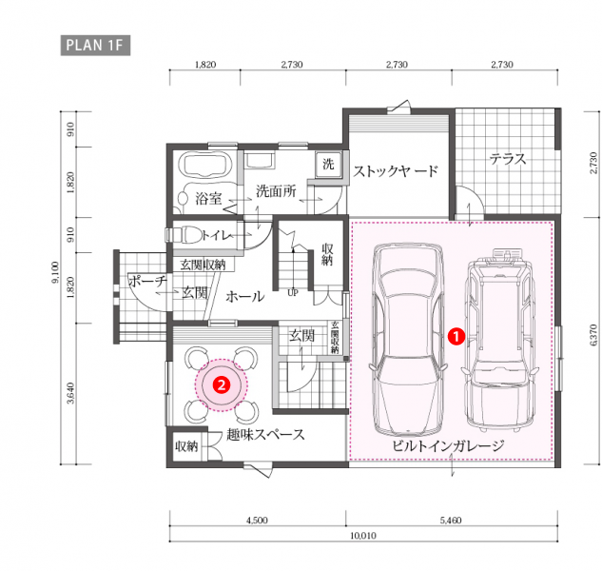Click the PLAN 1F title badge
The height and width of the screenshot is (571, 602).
click(95, 46)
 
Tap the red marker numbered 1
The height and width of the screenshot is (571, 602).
click(456, 337)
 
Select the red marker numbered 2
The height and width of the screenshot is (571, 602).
click(222, 384)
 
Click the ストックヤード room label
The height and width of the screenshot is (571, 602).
click(396, 171)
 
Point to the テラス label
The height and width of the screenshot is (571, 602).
click(508, 159)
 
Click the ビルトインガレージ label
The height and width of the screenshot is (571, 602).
click(448, 445)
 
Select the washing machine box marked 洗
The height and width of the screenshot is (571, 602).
click(328, 164)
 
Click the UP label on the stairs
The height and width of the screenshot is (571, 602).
click(293, 293)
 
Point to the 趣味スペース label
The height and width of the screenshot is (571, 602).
click(265, 435)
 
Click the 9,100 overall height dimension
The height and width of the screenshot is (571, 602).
click(56, 272)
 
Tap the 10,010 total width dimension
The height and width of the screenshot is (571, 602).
click(363, 535)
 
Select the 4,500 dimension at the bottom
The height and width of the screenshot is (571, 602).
click(257, 521)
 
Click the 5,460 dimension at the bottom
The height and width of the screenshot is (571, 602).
click(451, 521)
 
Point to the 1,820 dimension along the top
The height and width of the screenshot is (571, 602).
click(205, 65)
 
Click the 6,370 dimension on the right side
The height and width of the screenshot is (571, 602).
click(593, 335)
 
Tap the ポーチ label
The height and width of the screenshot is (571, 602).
click(147, 281)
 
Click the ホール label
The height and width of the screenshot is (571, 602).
click(245, 296)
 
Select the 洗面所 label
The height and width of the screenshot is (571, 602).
click(276, 191)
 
